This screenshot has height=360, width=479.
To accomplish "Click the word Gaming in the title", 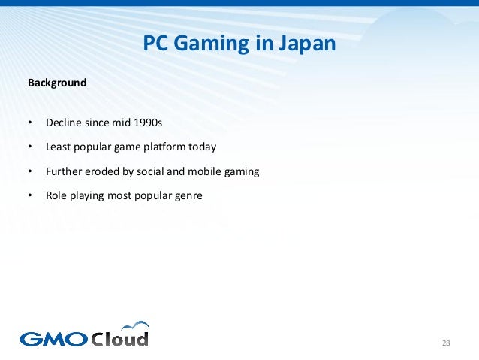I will click(211, 45).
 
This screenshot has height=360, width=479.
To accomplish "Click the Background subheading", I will click(57, 83).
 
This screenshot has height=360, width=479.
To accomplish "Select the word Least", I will click(59, 147).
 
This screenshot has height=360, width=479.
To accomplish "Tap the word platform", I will click(169, 147).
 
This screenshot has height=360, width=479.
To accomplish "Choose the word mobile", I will click(203, 171).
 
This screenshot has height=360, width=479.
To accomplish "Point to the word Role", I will click(58, 196).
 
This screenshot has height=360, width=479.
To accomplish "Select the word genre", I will click(188, 196).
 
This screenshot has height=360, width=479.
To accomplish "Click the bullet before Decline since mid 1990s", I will click(30, 122).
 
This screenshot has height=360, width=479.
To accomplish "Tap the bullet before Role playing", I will click(30, 196).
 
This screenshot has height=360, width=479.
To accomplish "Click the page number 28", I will click(446, 343).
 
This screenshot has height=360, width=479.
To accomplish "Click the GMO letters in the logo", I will click(53, 339).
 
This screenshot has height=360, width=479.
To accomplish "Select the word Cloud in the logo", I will click(120, 338).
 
